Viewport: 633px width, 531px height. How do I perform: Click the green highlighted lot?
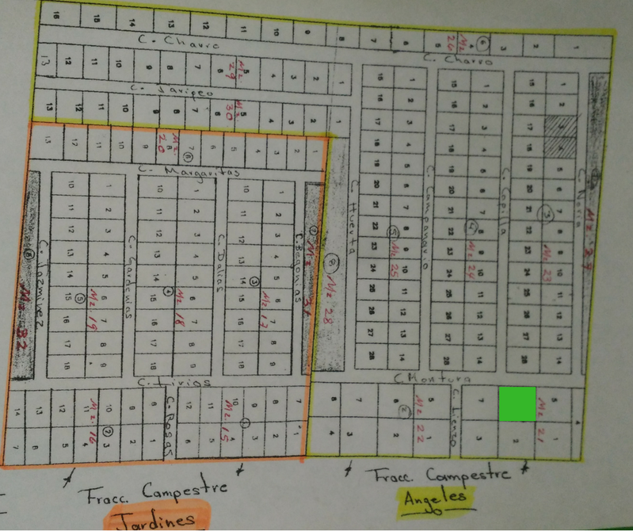517,404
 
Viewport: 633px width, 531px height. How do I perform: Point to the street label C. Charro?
458,59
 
